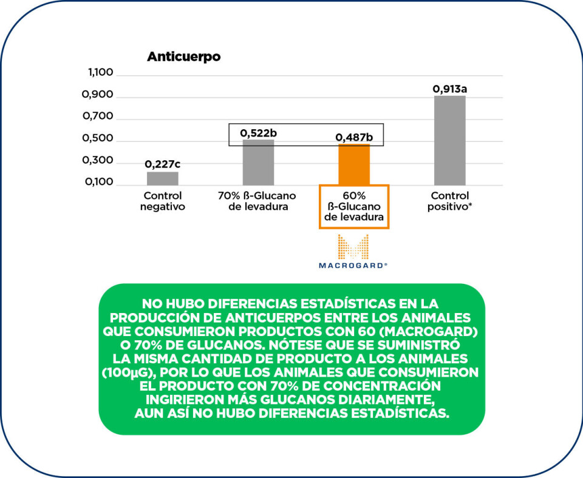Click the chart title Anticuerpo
[183, 58]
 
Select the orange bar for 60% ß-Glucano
[353, 164]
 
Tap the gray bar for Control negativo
[162, 178]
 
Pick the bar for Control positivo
[449, 140]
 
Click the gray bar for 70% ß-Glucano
[258, 163]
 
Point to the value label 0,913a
[449, 89]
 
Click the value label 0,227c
[162, 164]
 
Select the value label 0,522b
[258, 133]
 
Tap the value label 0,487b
[354, 138]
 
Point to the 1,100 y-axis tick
[101, 73]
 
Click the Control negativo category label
[162, 201]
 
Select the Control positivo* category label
[450, 201]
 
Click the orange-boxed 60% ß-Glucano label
[353, 206]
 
